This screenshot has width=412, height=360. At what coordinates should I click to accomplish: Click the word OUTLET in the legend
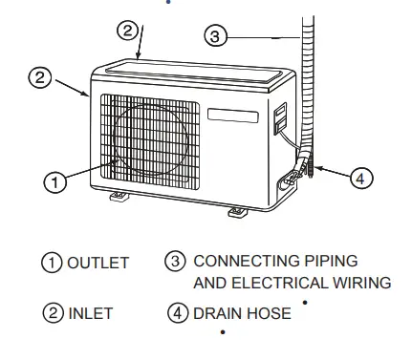[98, 263]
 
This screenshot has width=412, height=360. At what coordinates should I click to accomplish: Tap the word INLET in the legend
[91, 312]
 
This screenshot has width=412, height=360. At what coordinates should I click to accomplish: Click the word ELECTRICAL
[274, 283]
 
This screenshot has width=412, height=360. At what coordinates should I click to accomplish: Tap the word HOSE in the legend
[270, 312]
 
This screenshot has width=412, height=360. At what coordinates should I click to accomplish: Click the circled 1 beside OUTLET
[51, 263]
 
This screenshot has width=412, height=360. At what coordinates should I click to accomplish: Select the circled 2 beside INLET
[51, 312]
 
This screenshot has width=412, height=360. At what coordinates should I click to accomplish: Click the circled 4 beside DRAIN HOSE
[179, 312]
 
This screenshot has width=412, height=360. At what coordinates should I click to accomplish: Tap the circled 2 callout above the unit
[128, 30]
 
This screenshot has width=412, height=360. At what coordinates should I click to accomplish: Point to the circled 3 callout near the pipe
[216, 36]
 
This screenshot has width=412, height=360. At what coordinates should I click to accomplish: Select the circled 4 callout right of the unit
[361, 178]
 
